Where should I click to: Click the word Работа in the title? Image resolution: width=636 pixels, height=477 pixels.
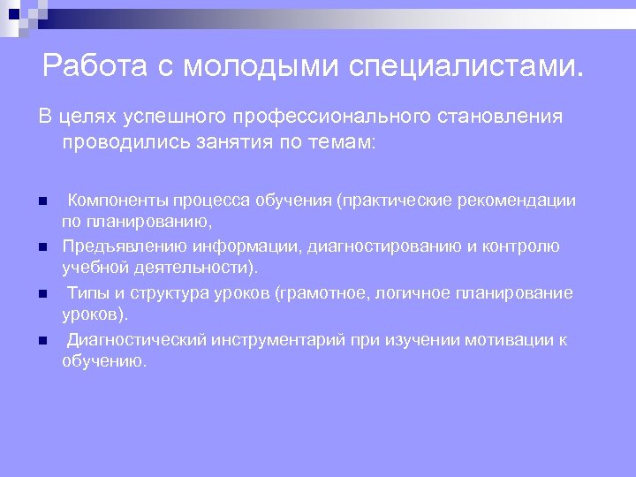[92, 65]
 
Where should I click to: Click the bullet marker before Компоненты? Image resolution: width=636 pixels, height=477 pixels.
[42, 201]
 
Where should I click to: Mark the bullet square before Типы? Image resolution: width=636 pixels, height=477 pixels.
[42, 293]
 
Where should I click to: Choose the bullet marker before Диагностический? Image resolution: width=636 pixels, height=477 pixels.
[42, 339]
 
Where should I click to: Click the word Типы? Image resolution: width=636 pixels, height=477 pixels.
[87, 292]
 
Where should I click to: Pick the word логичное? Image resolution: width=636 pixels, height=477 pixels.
[413, 292]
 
